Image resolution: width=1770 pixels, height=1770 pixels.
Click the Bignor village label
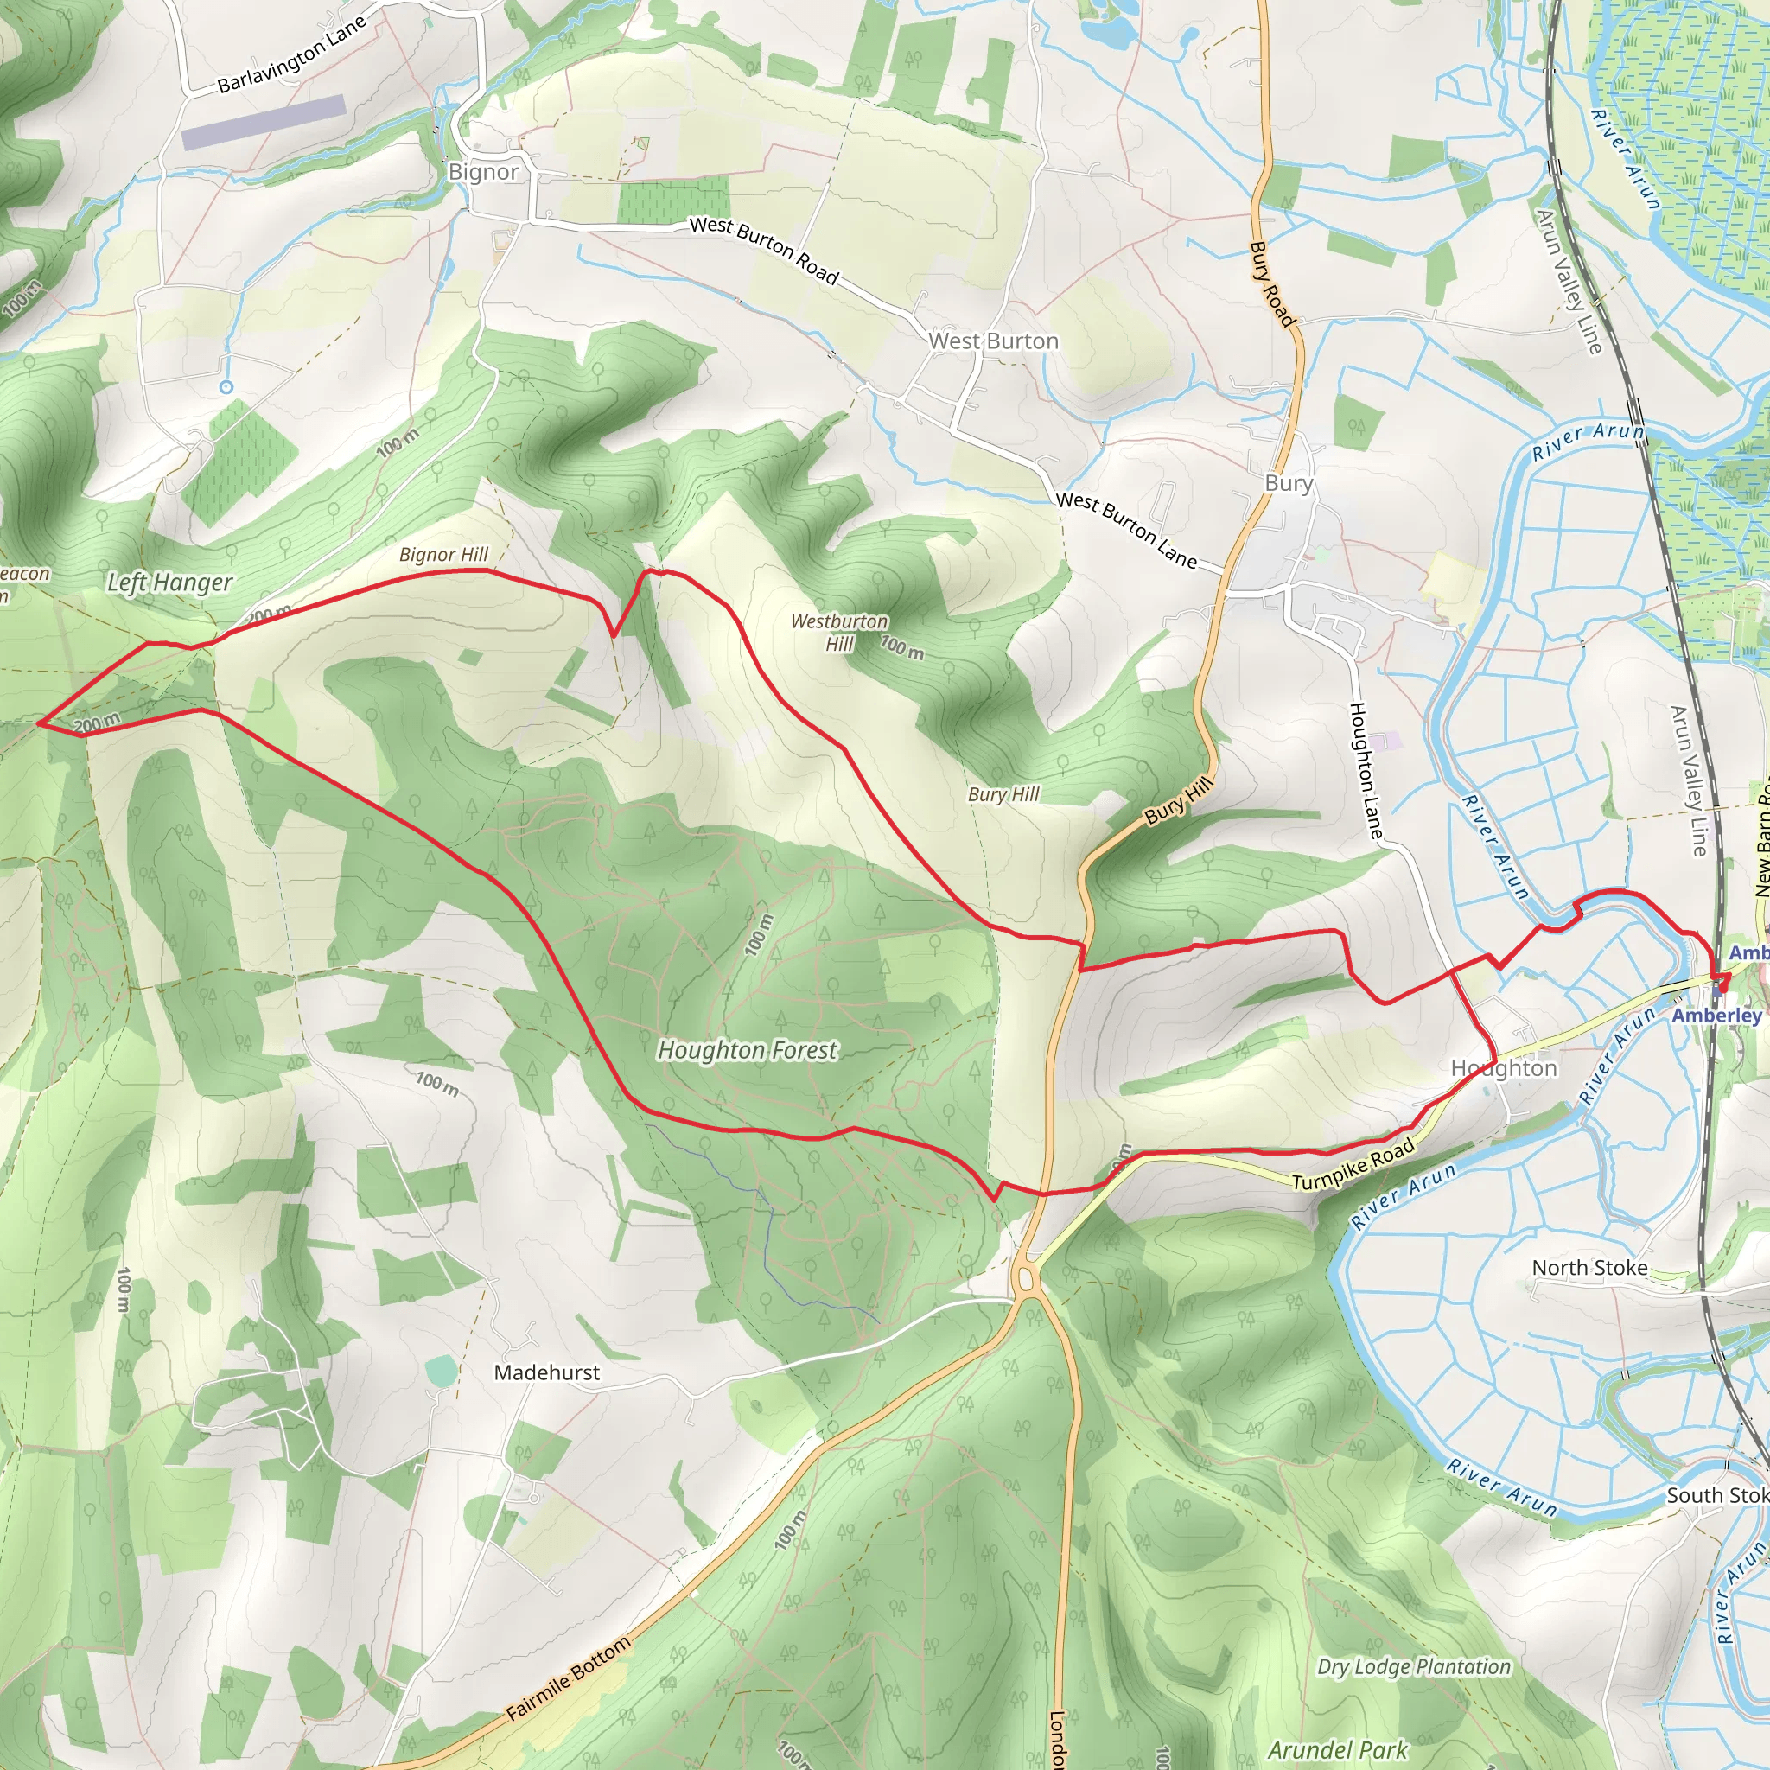click(x=483, y=172)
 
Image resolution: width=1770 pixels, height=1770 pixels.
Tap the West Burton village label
click(x=993, y=341)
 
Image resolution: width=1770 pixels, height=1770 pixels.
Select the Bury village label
click(x=1288, y=483)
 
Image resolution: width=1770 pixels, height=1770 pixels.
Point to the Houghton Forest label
click(x=747, y=1050)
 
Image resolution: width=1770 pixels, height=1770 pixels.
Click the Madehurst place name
click(x=547, y=1372)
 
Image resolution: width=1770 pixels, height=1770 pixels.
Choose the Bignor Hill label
click(x=443, y=554)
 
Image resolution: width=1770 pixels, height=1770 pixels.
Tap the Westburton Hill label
click(x=839, y=632)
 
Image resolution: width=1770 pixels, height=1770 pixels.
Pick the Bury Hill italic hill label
click(x=1003, y=794)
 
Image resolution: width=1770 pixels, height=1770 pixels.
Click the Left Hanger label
click(x=169, y=583)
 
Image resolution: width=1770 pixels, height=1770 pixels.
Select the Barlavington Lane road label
click(x=291, y=55)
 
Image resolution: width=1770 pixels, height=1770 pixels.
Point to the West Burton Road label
click(x=763, y=249)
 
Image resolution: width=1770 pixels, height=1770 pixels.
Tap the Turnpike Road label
click(x=1353, y=1166)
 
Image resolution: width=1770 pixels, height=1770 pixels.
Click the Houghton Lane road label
click(x=1365, y=769)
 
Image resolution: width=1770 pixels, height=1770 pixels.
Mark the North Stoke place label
click(x=1589, y=1268)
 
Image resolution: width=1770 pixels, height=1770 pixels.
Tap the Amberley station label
click(x=1716, y=1016)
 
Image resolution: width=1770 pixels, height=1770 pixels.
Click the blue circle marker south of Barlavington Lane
click(x=226, y=387)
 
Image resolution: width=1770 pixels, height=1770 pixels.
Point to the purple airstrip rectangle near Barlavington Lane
click(x=263, y=122)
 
